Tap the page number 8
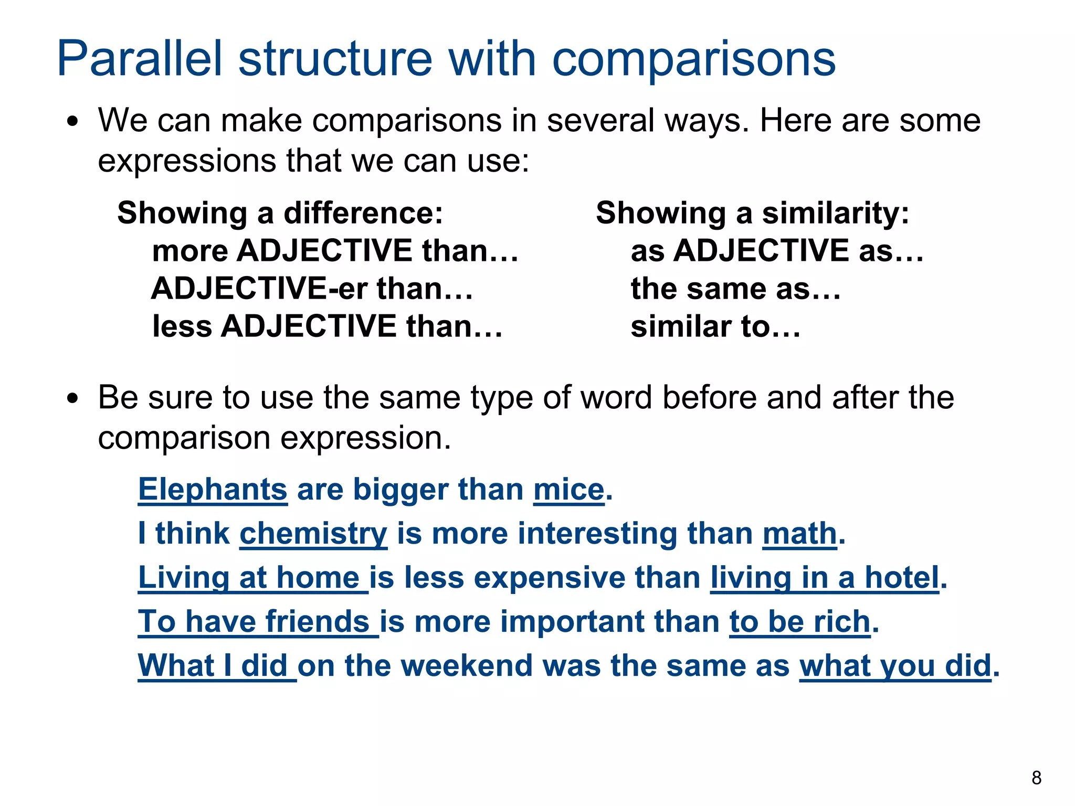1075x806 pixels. click(x=1036, y=778)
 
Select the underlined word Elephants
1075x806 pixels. click(x=213, y=490)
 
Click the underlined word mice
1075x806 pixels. click(x=568, y=490)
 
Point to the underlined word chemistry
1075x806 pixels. click(x=313, y=534)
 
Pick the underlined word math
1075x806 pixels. click(x=799, y=534)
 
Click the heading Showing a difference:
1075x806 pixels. click(x=280, y=213)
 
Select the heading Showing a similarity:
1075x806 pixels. click(x=752, y=213)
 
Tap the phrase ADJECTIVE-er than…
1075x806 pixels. click(x=312, y=289)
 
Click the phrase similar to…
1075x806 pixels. click(x=715, y=326)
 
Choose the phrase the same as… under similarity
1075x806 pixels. click(x=735, y=289)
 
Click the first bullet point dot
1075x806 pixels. click(x=73, y=122)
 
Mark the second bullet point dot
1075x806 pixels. click(x=73, y=399)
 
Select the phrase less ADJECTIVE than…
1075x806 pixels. click(x=327, y=326)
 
